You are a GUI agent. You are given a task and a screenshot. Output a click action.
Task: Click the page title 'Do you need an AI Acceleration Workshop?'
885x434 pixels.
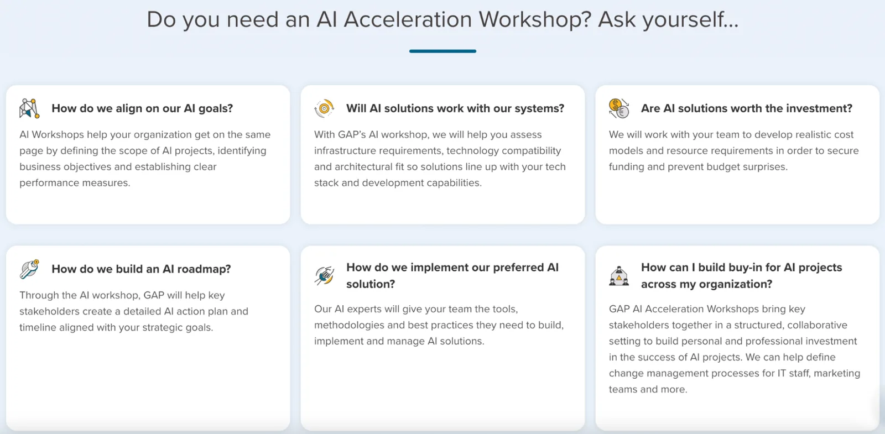442,20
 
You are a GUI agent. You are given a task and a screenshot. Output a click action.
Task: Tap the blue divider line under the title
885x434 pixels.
442,51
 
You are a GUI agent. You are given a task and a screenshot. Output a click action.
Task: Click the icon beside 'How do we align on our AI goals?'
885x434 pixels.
29,108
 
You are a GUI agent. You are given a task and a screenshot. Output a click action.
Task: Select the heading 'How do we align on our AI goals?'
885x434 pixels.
142,108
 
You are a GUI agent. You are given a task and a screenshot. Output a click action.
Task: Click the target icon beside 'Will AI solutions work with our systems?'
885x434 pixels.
324,108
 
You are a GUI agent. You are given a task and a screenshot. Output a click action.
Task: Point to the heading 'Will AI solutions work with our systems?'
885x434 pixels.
455,108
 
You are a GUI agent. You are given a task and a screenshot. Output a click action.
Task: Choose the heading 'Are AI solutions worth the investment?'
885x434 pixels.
746,108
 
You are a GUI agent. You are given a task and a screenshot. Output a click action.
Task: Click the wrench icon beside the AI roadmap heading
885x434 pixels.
29,269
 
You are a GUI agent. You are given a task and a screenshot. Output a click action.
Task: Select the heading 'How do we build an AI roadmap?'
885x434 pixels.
141,269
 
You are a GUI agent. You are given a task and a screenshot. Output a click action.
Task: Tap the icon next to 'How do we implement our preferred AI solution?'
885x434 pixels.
324,275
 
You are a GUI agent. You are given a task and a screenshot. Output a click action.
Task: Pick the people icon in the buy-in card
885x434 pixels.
619,275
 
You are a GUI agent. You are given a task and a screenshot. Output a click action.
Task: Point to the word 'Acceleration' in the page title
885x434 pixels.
408,20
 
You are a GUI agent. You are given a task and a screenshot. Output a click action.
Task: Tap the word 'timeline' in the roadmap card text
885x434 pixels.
38,327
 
